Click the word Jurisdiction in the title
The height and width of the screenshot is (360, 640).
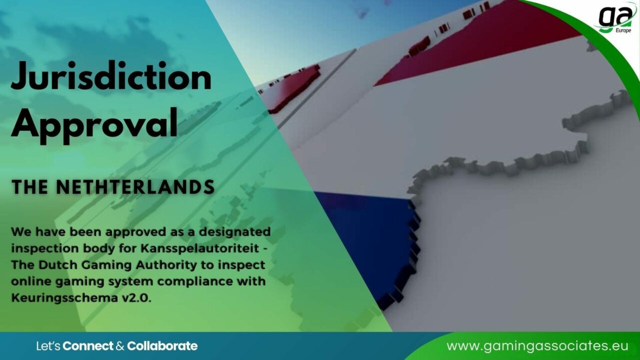[x=111, y=78]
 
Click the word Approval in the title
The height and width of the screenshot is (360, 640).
[x=94, y=122]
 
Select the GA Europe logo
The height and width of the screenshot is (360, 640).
[x=615, y=18]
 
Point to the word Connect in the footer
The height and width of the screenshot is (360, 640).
[x=88, y=346]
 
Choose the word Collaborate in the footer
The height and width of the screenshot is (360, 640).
[x=162, y=346]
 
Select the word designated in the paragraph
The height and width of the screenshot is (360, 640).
[x=235, y=232]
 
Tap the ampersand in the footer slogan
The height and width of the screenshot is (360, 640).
[x=120, y=346]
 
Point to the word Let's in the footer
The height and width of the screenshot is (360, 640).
[x=48, y=346]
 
